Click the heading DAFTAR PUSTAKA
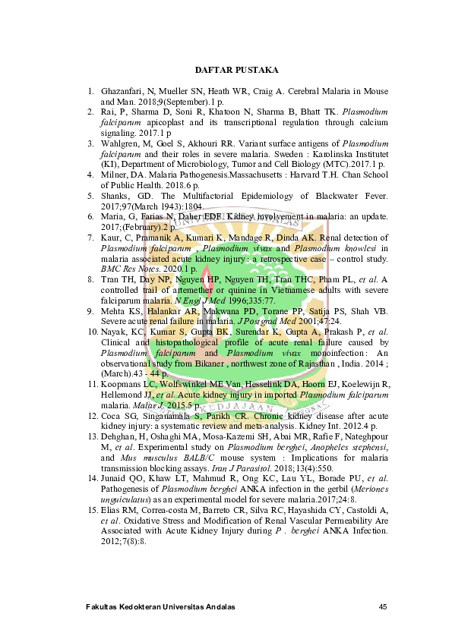(x=236, y=70)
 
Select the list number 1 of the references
(x=91, y=91)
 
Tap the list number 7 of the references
(x=91, y=238)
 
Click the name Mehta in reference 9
(x=113, y=311)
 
